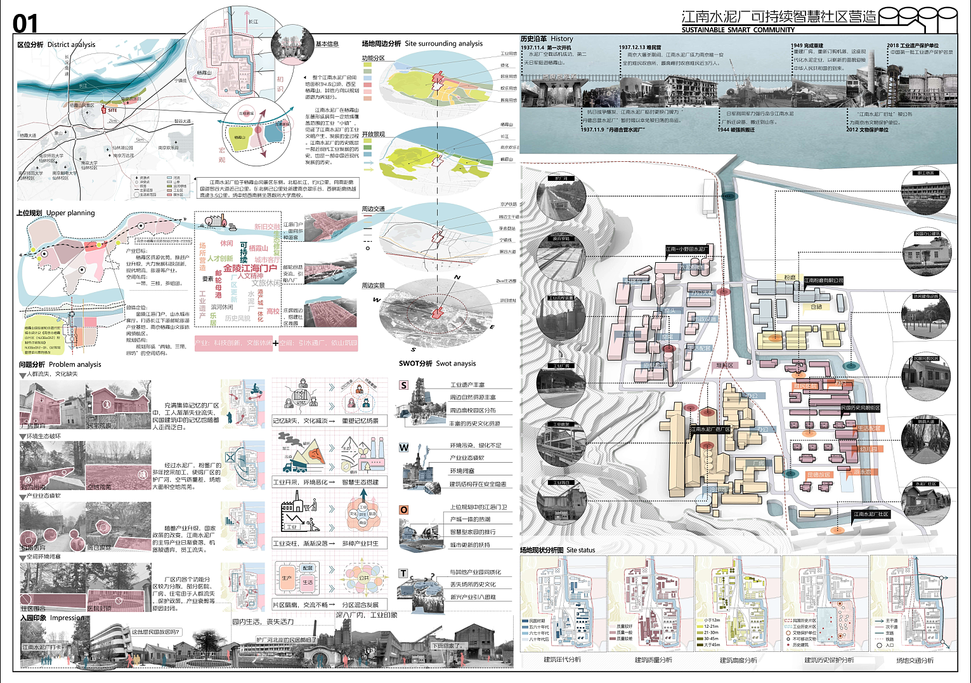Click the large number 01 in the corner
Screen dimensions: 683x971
tap(25, 24)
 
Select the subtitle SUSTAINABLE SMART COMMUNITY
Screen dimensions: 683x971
tap(738, 30)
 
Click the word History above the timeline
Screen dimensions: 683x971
tap(561, 39)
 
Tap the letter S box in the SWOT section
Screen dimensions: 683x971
tap(403, 385)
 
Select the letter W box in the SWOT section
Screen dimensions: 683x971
tap(403, 448)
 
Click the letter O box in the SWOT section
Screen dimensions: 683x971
tap(403, 510)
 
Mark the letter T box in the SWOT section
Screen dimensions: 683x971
tap(403, 573)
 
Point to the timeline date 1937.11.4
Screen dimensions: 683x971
tap(533, 48)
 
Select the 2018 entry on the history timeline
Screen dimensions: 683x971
tap(893, 46)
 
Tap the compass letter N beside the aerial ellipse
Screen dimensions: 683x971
tap(457, 278)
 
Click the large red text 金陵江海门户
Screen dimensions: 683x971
tap(250, 268)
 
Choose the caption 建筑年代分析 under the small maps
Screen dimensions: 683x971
tap(562, 660)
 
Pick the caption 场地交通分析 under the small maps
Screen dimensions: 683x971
tap(915, 660)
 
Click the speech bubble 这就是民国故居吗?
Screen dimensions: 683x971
tap(156, 632)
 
